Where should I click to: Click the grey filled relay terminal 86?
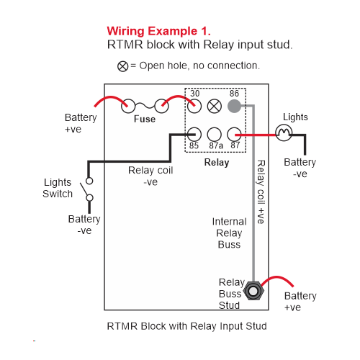(x=234, y=106)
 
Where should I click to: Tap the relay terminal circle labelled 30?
(x=194, y=106)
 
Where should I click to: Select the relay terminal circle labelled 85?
(x=194, y=134)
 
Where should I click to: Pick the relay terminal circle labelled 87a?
(x=214, y=134)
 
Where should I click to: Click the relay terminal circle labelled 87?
(x=234, y=134)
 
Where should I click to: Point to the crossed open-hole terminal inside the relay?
(x=214, y=106)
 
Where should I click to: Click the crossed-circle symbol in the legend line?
(x=122, y=66)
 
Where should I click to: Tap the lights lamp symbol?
(x=284, y=132)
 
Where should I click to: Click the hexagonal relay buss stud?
(x=253, y=291)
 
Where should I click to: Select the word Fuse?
(x=145, y=119)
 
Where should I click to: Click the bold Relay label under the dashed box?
(x=217, y=163)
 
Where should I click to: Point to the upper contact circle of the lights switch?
(x=89, y=181)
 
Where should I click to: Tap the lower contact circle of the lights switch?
(x=89, y=198)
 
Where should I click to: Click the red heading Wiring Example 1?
(x=158, y=31)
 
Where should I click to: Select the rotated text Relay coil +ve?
(x=261, y=192)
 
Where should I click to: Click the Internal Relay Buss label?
(x=229, y=233)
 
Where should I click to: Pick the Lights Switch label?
(x=58, y=188)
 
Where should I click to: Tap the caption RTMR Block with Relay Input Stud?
(x=186, y=326)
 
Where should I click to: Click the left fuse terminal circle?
(x=128, y=106)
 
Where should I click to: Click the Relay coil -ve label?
(x=150, y=176)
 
